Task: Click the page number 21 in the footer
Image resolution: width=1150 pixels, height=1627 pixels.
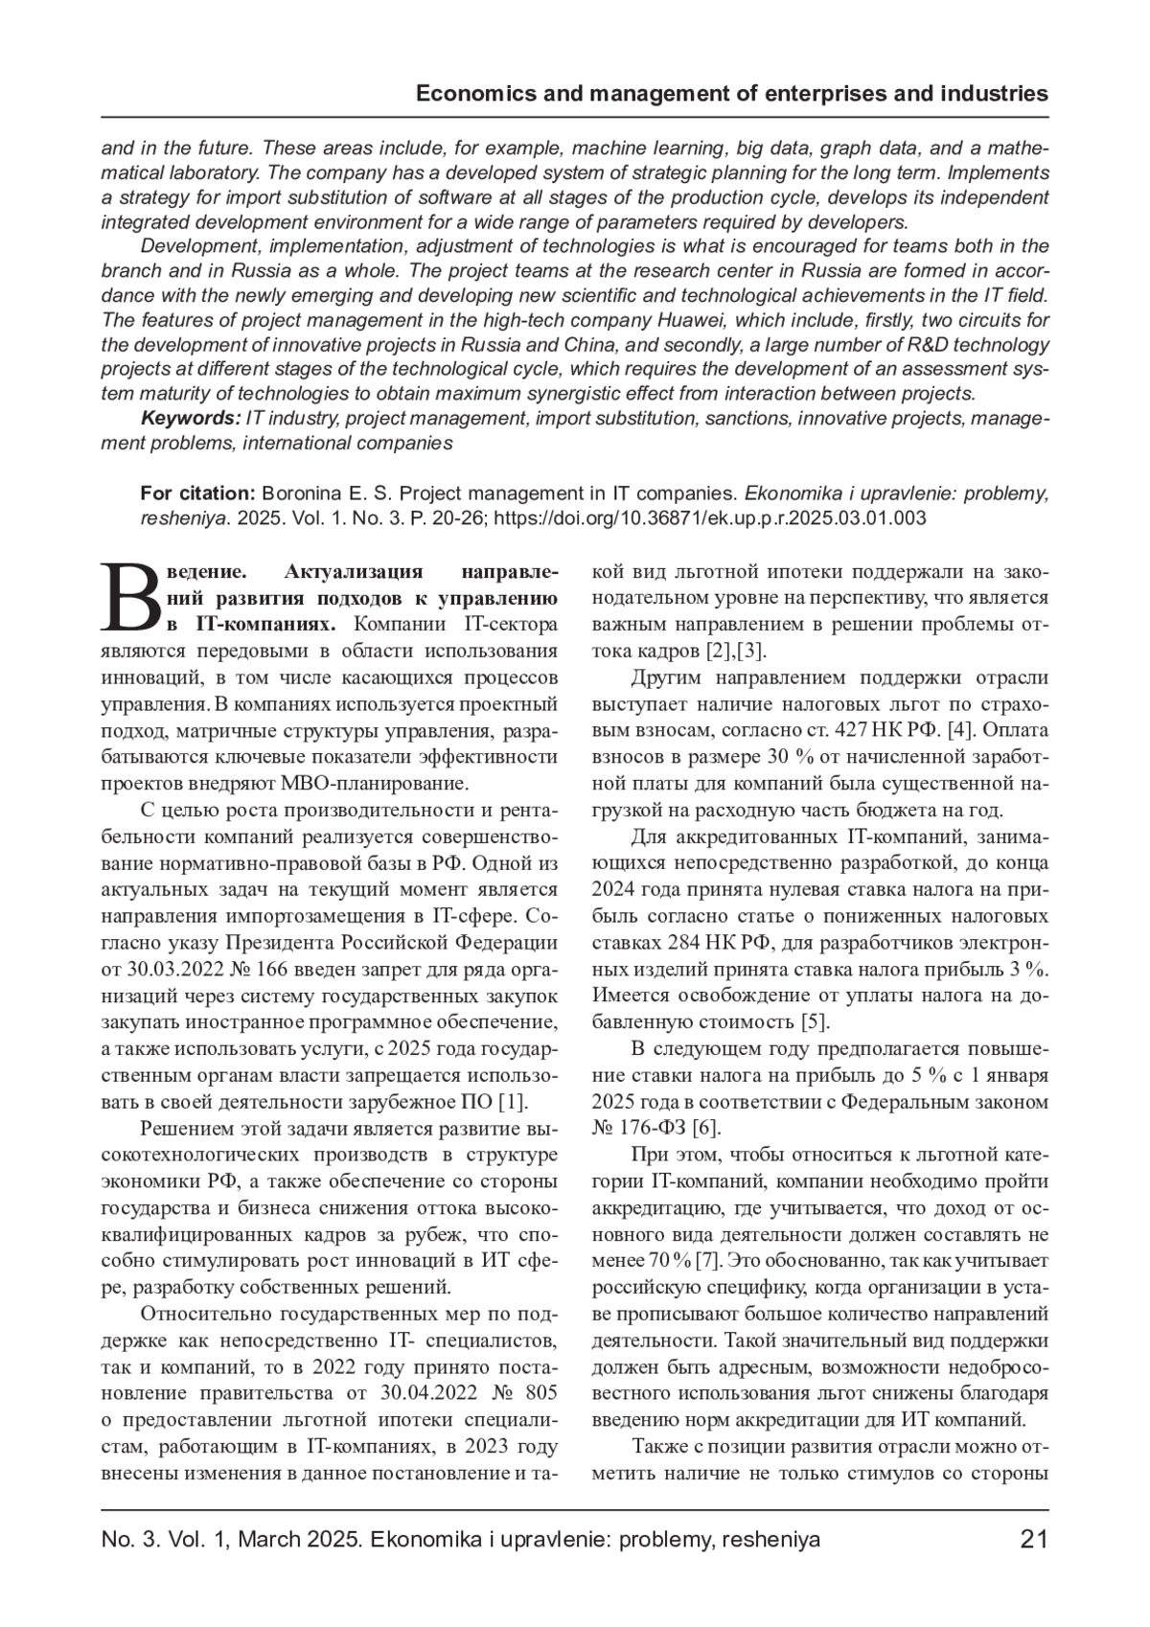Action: (x=1034, y=1540)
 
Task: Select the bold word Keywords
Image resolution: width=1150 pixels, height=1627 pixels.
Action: (x=191, y=419)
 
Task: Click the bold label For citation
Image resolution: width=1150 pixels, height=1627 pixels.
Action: (x=197, y=493)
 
